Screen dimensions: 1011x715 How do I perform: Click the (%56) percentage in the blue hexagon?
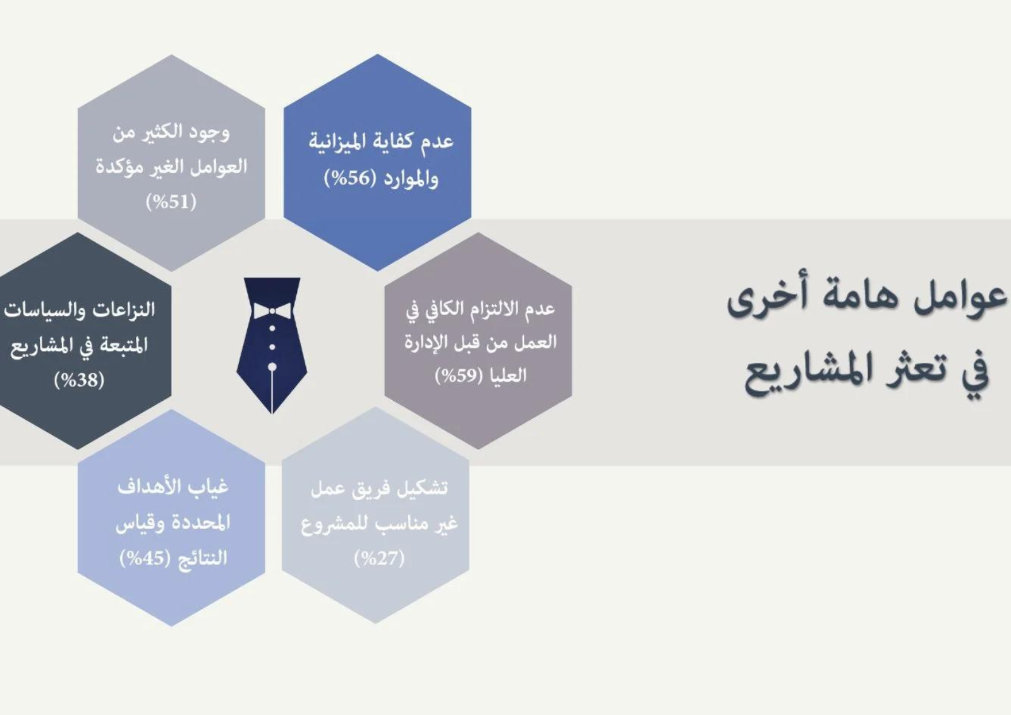point(351,178)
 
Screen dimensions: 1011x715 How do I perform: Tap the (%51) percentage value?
point(171,202)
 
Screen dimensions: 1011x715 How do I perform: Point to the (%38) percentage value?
point(79,380)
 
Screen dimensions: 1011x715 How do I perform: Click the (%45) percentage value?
point(145,558)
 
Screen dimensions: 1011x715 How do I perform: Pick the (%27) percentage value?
point(379,559)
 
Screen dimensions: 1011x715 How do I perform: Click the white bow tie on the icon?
point(272,311)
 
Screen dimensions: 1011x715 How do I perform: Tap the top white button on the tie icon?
point(272,328)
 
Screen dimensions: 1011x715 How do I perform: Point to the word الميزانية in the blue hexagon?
point(347,142)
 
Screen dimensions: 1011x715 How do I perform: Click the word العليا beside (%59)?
point(508,375)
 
